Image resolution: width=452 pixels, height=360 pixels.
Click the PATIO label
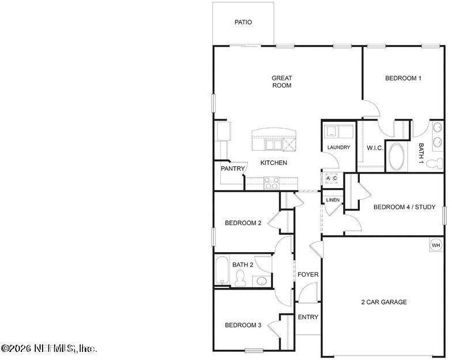tap(243, 22)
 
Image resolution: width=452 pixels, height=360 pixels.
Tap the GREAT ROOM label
tap(282, 82)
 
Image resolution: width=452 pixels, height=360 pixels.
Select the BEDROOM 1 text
tap(403, 78)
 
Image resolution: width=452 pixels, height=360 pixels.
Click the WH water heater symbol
tap(436, 245)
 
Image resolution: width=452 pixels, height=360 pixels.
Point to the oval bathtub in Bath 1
tap(397, 157)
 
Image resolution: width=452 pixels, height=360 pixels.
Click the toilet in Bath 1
tap(435, 164)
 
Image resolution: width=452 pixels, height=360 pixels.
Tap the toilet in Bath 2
tap(240, 278)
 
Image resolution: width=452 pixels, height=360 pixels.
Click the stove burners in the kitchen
tap(272, 183)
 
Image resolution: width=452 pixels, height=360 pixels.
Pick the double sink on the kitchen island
tap(273, 145)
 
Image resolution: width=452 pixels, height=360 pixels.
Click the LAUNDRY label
tap(338, 148)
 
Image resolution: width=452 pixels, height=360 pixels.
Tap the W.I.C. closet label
tap(375, 148)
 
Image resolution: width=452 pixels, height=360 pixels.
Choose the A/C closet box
tap(332, 179)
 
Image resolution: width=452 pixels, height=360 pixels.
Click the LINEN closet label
tap(333, 200)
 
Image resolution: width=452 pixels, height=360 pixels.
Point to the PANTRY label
tap(233, 168)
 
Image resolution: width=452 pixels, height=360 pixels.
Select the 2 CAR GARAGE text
tap(384, 302)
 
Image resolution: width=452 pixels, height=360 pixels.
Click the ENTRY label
tap(308, 317)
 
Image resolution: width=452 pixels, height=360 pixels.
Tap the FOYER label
tap(308, 275)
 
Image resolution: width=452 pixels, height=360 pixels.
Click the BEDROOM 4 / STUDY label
tap(404, 207)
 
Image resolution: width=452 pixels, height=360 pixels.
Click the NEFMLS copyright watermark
tap(48, 348)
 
